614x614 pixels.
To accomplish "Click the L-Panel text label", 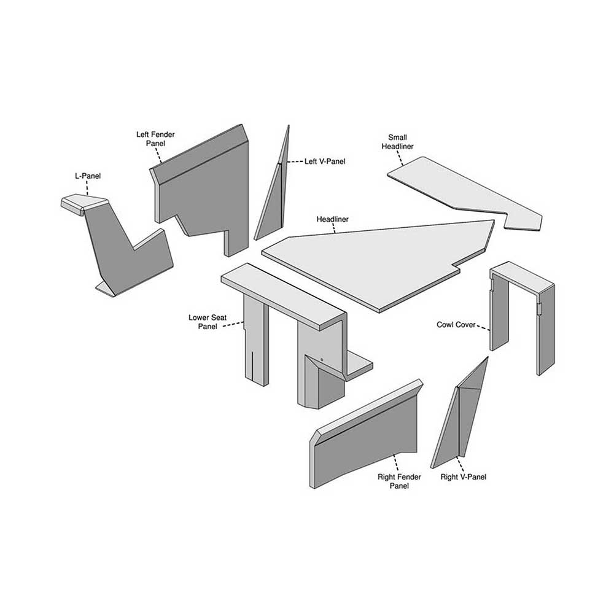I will pos(87,176).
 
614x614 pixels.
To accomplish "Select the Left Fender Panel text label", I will pos(152,138).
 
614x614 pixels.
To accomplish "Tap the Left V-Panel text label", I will pos(325,161).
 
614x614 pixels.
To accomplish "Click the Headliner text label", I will pos(332,219).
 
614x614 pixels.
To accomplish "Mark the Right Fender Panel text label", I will pos(394,481).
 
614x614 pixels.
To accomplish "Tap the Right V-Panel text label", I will pos(464,476).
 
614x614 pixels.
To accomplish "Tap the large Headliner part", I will pos(381,258).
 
